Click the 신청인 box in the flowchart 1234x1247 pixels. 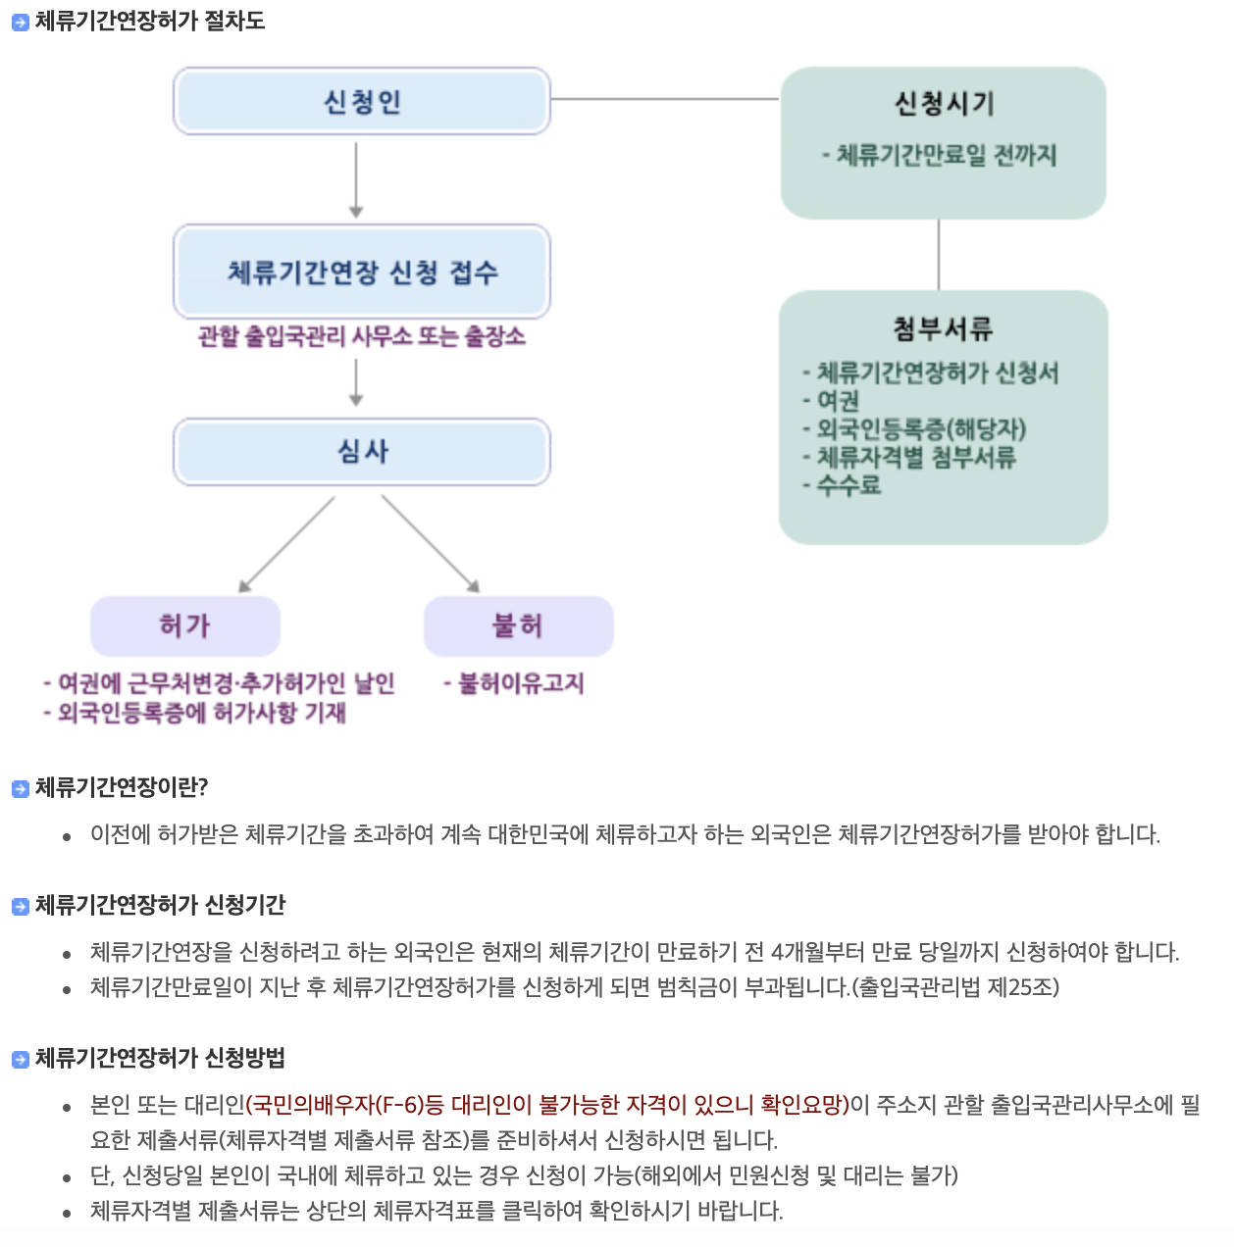(361, 101)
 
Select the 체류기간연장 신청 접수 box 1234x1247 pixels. (361, 272)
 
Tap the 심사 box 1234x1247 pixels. (361, 451)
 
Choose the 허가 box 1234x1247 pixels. (184, 625)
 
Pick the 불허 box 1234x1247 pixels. (518, 625)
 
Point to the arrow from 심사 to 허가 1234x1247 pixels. (286, 543)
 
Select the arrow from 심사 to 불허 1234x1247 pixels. (430, 543)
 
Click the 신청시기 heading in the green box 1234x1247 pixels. (944, 103)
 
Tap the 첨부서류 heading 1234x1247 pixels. (943, 328)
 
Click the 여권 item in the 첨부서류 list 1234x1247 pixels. (838, 400)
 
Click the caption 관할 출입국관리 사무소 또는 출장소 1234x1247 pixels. (361, 336)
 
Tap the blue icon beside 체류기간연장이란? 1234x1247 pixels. (20, 788)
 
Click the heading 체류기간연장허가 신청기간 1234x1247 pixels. (160, 905)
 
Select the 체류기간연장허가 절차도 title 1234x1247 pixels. (150, 21)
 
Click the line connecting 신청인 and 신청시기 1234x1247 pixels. (665, 99)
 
